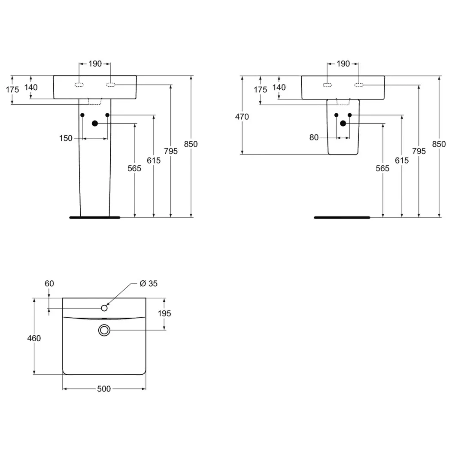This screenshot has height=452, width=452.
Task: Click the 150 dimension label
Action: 66,138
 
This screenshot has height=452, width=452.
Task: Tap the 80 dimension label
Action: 314,137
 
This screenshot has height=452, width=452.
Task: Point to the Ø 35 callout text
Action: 149,283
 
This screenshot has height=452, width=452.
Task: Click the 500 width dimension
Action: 104,389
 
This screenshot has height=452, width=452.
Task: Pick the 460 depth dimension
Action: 34,338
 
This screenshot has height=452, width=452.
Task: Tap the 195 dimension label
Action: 164,314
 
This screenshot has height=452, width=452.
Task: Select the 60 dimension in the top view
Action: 49,283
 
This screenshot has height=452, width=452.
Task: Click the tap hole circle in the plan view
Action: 104,308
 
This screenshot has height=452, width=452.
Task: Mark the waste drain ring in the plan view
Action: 104,330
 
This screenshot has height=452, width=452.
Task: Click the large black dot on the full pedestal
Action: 95,124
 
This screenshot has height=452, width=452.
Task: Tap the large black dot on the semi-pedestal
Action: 343,124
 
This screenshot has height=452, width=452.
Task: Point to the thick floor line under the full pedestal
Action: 95,218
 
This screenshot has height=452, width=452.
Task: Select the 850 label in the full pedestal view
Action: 191,144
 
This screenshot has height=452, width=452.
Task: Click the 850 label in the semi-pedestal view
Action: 439,144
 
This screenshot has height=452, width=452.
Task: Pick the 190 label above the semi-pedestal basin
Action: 343,64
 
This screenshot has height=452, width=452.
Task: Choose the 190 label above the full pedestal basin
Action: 95,64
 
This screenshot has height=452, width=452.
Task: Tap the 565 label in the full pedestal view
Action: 134,169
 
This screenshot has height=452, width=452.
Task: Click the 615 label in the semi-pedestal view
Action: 402,161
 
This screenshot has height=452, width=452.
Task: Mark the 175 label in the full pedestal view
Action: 13,90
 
